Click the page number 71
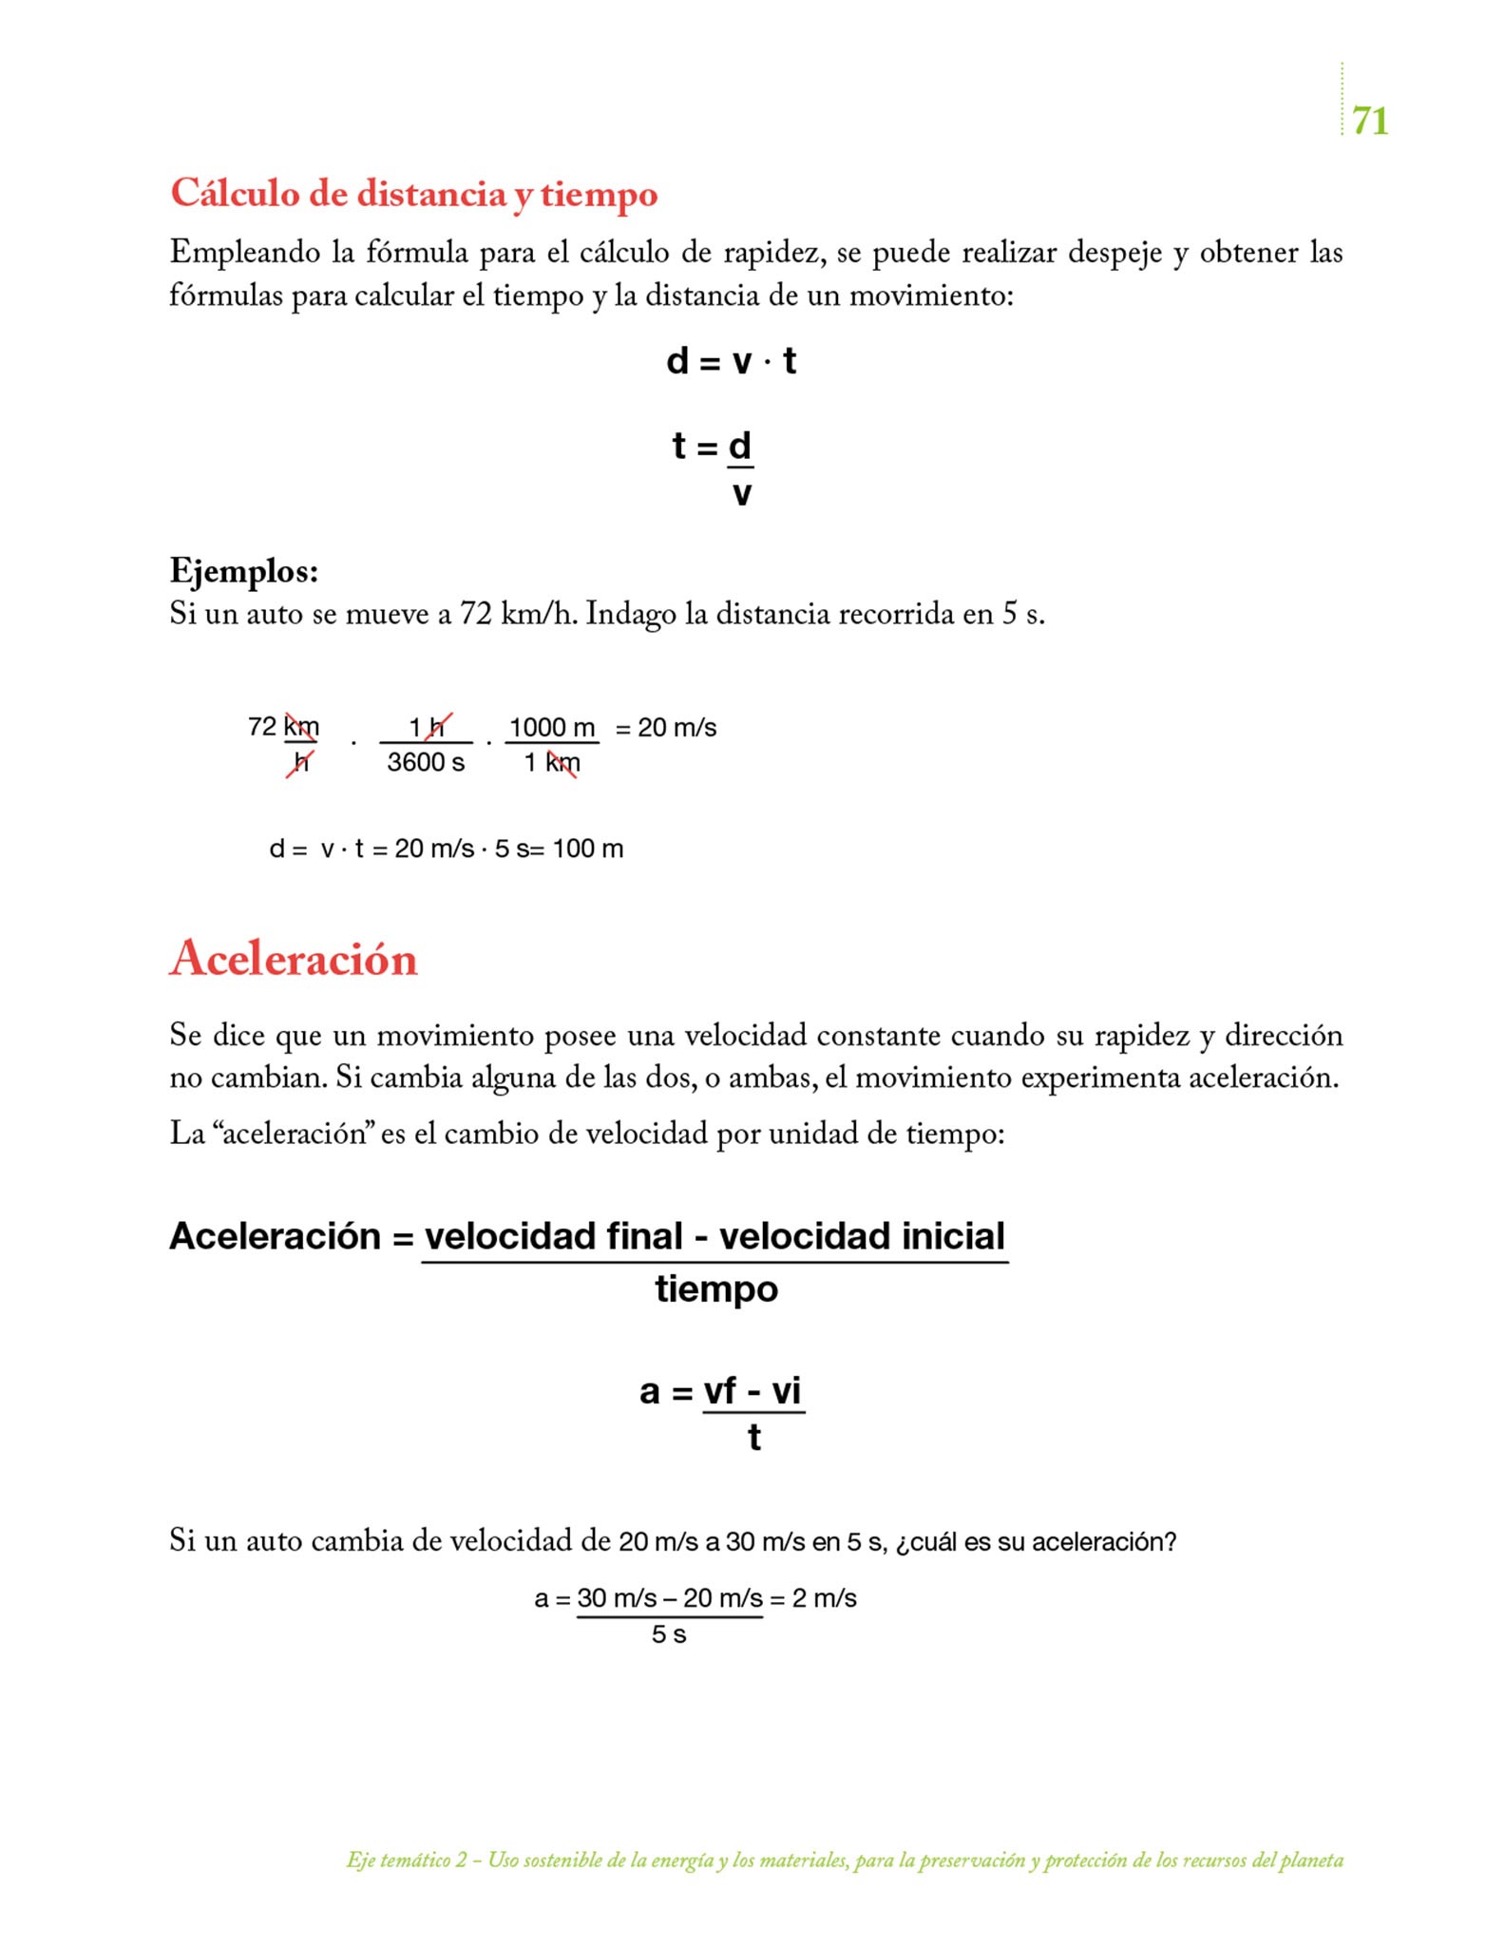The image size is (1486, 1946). (x=1369, y=121)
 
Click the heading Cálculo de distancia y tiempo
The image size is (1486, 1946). (x=413, y=194)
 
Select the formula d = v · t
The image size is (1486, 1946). (x=731, y=361)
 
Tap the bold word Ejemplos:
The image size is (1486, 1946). (x=243, y=571)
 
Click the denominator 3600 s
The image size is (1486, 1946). (x=426, y=762)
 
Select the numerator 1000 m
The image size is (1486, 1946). (x=552, y=728)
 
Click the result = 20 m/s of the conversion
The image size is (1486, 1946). (x=666, y=728)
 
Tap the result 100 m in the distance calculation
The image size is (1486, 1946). (x=588, y=849)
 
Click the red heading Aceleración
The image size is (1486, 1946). (x=294, y=958)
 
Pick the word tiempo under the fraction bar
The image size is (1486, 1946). (x=716, y=1289)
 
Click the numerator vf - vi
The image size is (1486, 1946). (x=753, y=1391)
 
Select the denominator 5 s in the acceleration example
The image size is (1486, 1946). (x=669, y=1634)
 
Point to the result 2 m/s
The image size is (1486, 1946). (x=825, y=1598)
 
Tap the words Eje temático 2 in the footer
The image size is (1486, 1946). (x=407, y=1860)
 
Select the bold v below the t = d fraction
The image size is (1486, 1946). (x=742, y=493)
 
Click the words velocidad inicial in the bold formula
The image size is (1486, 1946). (x=861, y=1236)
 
